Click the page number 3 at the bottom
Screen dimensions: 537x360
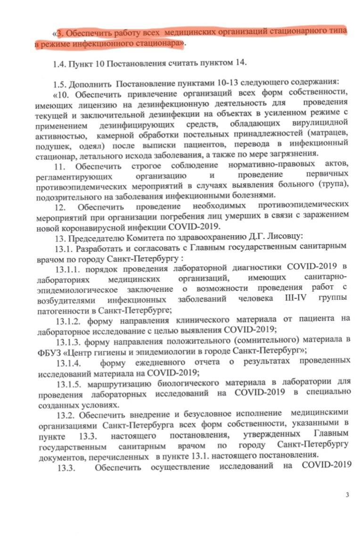pyautogui.click(x=347, y=494)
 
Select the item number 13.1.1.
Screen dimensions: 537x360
pyautogui.click(x=70, y=269)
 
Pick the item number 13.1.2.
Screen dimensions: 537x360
pyautogui.click(x=71, y=319)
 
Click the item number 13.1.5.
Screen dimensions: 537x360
pyautogui.click(x=71, y=382)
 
